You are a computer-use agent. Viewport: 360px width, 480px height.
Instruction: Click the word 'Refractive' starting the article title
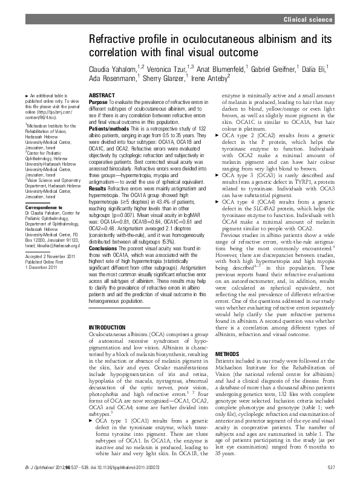click(x=111, y=40)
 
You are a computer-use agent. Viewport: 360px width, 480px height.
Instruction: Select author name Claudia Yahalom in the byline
click(x=113, y=68)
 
